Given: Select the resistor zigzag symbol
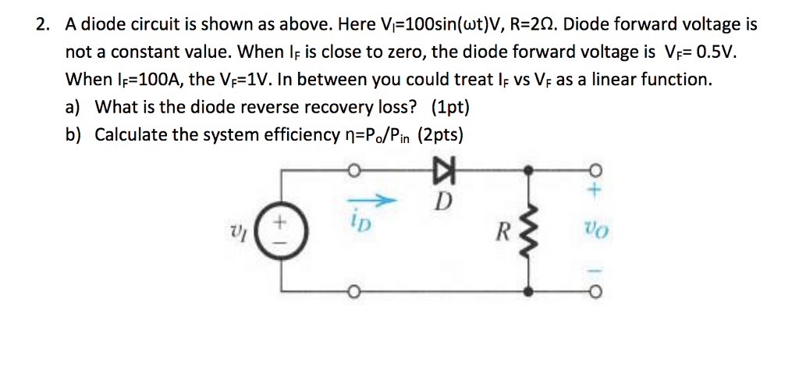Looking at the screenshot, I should [531, 231].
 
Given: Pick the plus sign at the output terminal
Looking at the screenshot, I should [593, 187].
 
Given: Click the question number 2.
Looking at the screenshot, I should [42, 24].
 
